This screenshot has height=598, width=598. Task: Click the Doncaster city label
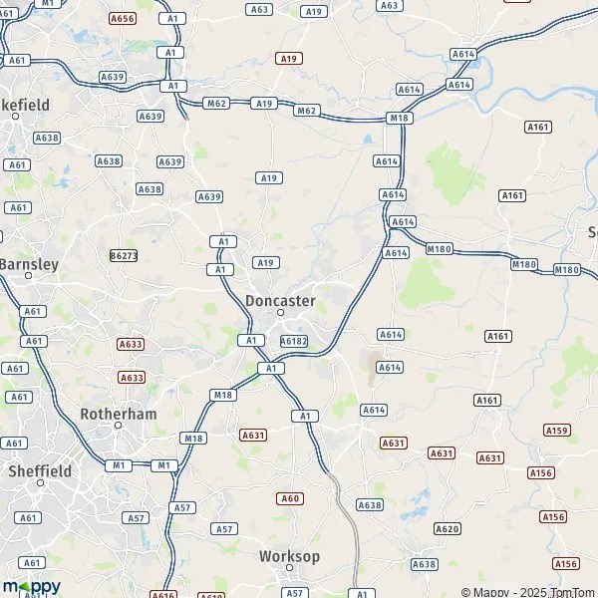pos(280,300)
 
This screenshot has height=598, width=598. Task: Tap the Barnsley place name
pos(30,264)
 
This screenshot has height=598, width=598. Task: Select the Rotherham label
pos(118,413)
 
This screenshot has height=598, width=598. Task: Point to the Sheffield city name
pos(40,470)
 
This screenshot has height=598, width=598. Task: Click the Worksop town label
pos(289,556)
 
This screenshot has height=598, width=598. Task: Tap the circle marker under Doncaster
pos(281,313)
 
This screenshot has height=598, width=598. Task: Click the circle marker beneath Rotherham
pos(118,426)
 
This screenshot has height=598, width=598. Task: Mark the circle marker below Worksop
pos(289,570)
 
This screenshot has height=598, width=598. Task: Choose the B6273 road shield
pos(124,256)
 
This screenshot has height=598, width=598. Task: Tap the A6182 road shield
pos(294,341)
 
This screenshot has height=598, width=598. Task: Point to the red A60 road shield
pos(289,498)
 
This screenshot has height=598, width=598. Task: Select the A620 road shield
pos(448,528)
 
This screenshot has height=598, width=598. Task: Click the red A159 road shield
pos(557,430)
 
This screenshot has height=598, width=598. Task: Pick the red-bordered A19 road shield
pos(289,59)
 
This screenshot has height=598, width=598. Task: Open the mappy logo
pos(31,586)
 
